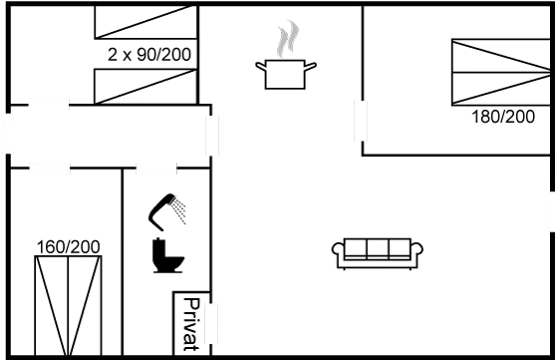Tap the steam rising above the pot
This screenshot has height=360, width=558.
pyautogui.click(x=288, y=39)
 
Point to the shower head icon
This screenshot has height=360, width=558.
pyautogui.click(x=168, y=207)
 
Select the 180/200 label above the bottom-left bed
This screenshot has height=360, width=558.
pyautogui.click(x=68, y=245)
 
